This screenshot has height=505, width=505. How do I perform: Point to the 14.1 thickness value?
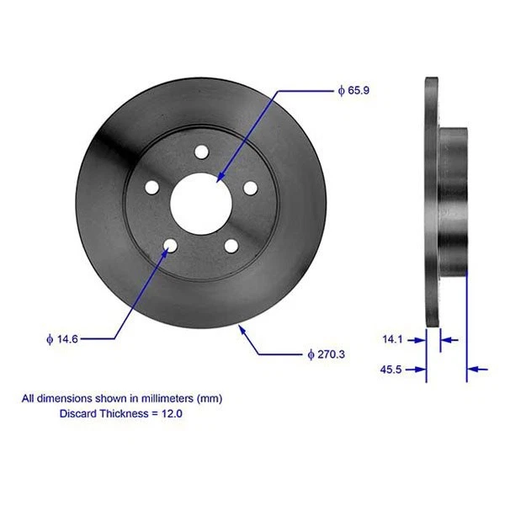(393, 339)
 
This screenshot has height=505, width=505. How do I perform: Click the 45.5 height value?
(391, 369)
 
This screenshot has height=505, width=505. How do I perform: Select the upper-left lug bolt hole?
(152, 187)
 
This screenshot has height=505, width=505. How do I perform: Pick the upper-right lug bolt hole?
(249, 187)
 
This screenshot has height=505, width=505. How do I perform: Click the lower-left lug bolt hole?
(171, 245)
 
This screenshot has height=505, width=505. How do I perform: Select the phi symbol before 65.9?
(341, 89)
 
